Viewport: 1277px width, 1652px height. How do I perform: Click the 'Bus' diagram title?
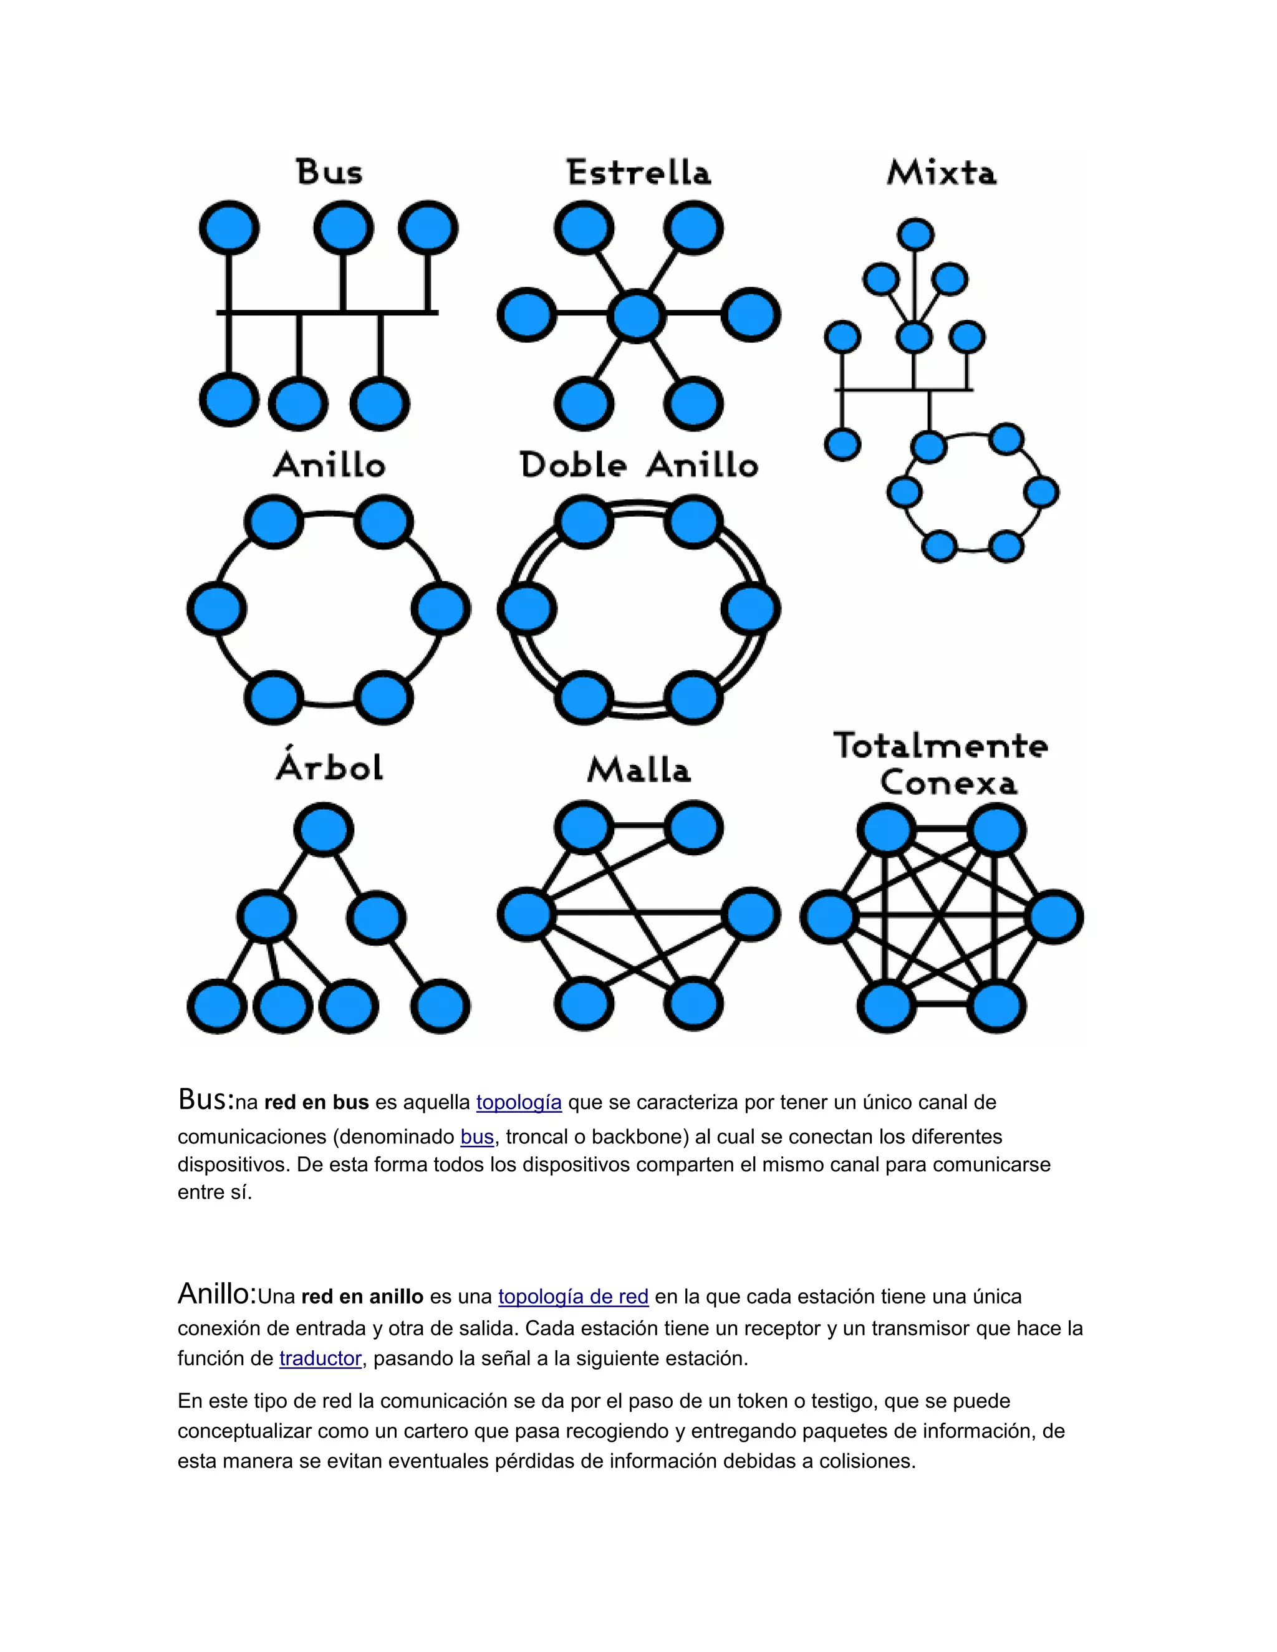[x=329, y=173]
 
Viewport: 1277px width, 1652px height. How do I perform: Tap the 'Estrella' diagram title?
[x=639, y=173]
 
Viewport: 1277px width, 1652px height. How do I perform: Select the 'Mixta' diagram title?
[x=942, y=173]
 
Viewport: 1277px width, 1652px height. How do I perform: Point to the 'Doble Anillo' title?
[x=639, y=464]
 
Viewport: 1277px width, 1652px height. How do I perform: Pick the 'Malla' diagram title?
[x=639, y=770]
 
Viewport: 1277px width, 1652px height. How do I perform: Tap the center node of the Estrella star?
[x=636, y=316]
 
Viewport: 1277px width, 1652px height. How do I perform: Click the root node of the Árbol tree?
[x=324, y=830]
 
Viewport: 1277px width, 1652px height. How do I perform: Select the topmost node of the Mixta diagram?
[x=915, y=234]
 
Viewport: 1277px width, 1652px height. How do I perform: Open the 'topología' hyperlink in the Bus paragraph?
[x=519, y=1103]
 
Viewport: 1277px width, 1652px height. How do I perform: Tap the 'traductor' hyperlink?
[x=320, y=1358]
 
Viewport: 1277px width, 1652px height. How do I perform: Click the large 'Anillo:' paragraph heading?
[x=217, y=1294]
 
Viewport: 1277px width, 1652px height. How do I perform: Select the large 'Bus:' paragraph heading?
[x=205, y=1100]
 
